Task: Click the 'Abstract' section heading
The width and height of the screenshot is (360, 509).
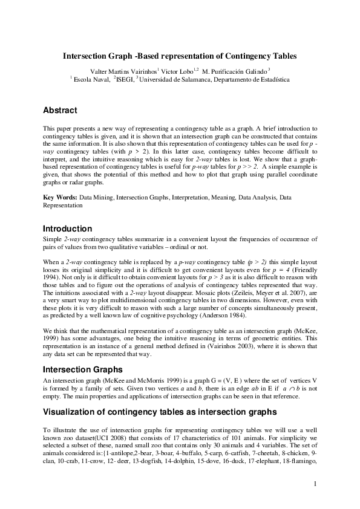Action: coord(60,111)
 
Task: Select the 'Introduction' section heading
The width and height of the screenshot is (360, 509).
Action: coord(67,229)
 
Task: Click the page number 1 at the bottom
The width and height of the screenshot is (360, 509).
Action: coord(315,483)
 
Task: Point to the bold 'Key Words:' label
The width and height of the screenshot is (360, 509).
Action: coord(59,198)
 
